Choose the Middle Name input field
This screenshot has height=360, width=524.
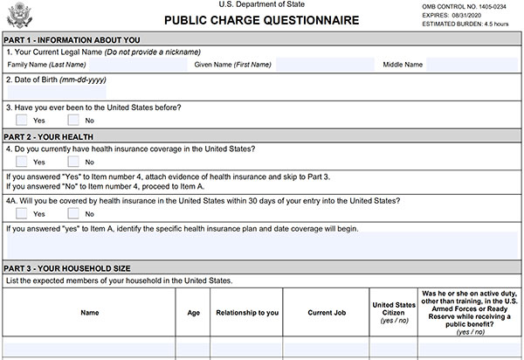pyautogui.click(x=472, y=65)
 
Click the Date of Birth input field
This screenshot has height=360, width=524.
pyautogui.click(x=57, y=92)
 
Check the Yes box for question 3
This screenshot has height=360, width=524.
pyautogui.click(x=22, y=120)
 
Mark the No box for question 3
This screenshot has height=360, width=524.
pyautogui.click(x=73, y=120)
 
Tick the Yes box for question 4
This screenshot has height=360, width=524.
pyautogui.click(x=22, y=162)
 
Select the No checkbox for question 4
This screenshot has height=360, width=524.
pyautogui.click(x=73, y=162)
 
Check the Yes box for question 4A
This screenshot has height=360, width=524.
pyautogui.click(x=22, y=213)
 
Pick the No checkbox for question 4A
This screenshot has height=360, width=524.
pyautogui.click(x=73, y=213)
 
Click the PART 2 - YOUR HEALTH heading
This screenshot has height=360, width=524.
pyautogui.click(x=49, y=136)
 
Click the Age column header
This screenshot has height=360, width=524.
pyautogui.click(x=194, y=311)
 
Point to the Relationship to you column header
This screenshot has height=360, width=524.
pyautogui.click(x=247, y=311)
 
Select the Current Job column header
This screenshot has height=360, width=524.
pyautogui.click(x=325, y=311)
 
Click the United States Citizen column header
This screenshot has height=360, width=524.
pyautogui.click(x=392, y=311)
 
